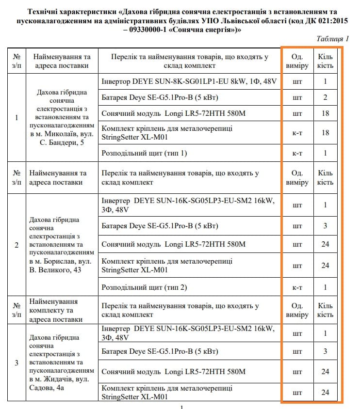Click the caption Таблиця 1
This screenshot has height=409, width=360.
333,39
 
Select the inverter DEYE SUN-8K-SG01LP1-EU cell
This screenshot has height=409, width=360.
189,81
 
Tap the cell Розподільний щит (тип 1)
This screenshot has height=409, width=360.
144,153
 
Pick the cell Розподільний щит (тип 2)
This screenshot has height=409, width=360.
144,287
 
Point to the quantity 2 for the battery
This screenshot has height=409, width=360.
326,97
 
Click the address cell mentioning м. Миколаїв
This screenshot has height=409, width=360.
62,117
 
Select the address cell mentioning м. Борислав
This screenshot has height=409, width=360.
62,245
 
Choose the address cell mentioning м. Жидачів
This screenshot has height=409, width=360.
62,362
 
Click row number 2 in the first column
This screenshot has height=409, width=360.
17,245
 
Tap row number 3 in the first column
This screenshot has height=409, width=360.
17,362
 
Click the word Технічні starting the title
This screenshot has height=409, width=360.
45,11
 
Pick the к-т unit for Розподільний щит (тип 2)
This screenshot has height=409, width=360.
297,287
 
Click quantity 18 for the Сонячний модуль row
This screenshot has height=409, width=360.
326,113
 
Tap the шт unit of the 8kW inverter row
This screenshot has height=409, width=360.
297,81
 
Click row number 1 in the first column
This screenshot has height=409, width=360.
17,117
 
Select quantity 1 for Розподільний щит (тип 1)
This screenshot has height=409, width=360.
326,153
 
